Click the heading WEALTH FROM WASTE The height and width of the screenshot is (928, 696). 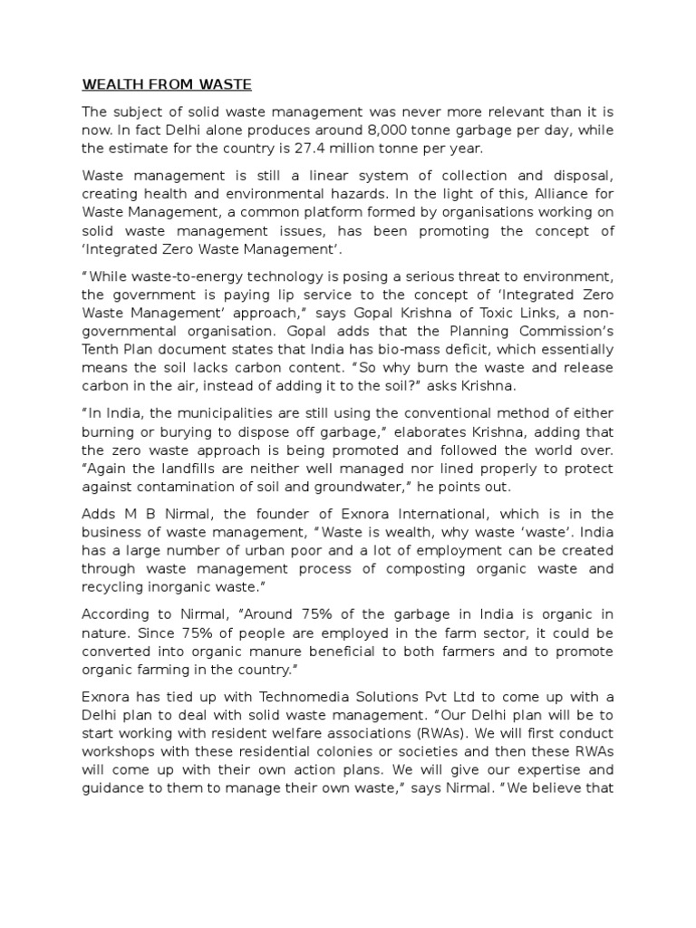[x=167, y=86]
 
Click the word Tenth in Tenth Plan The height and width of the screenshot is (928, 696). [x=101, y=350]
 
